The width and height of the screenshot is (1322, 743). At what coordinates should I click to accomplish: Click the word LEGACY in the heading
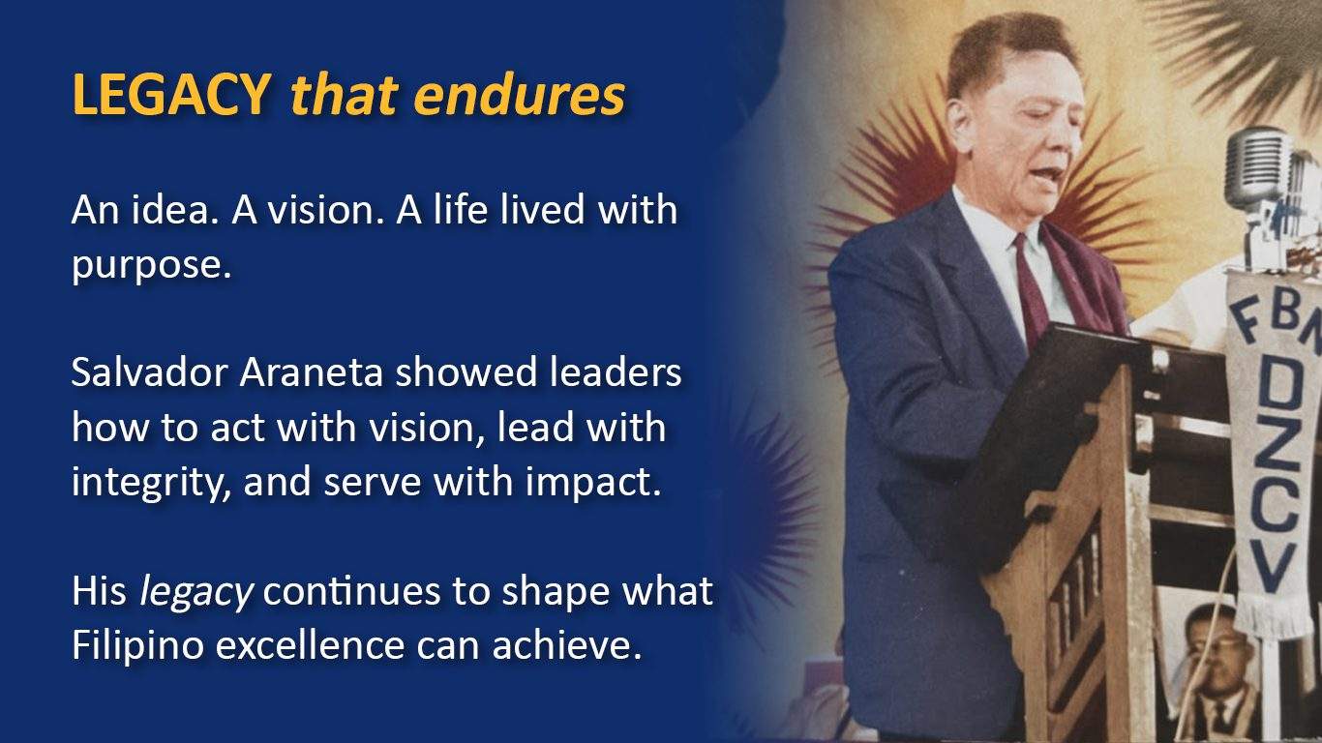click(171, 95)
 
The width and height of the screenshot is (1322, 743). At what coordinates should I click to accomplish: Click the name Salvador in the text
click(150, 372)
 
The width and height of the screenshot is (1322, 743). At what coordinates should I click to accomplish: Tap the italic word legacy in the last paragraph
click(195, 592)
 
